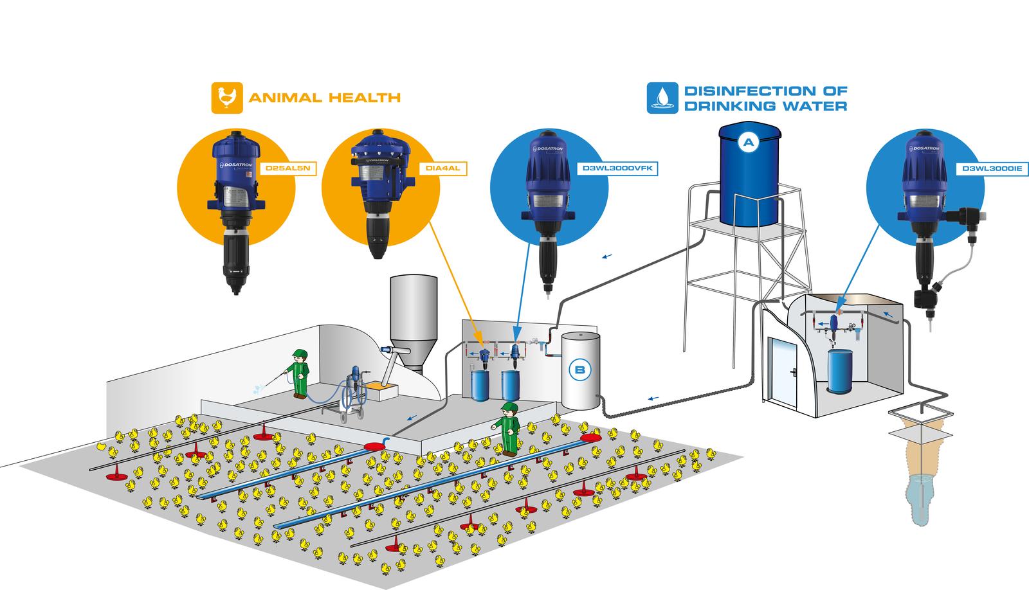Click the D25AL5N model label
287,169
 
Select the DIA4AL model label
443,169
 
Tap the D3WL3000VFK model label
618,169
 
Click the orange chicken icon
226,98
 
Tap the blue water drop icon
662,98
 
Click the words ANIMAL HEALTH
324,98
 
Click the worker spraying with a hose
299,373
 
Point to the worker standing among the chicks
511,428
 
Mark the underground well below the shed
921,469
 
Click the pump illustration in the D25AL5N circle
234,212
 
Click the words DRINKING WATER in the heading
765,106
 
